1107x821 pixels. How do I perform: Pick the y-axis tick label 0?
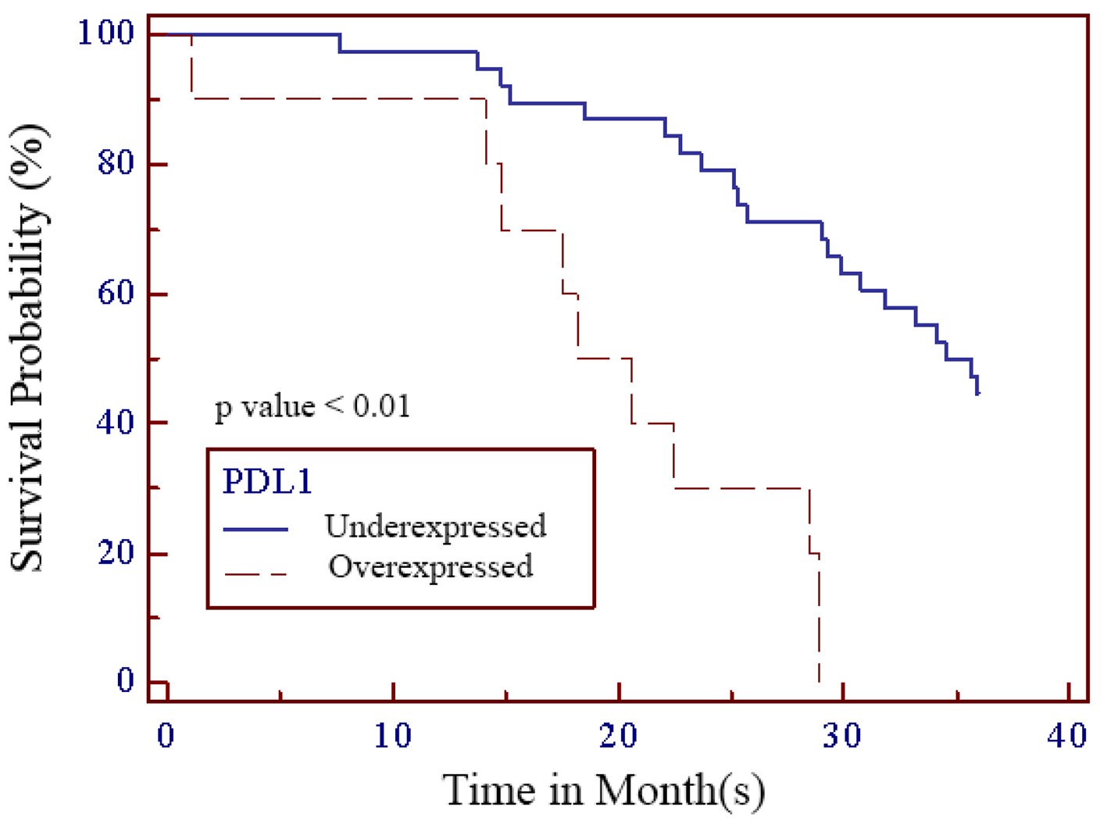pyautogui.click(x=126, y=681)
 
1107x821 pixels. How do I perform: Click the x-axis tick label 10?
pyautogui.click(x=392, y=736)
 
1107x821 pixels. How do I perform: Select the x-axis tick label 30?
pyautogui.click(x=843, y=736)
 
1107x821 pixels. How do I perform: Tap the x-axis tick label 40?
pyautogui.click(x=1068, y=736)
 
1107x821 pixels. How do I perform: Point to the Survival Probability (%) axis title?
pyautogui.click(x=29, y=348)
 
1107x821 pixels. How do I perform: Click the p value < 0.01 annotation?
pyautogui.click(x=312, y=407)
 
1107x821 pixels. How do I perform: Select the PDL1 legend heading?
pyautogui.click(x=267, y=481)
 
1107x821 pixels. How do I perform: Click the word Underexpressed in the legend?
pyautogui.click(x=435, y=527)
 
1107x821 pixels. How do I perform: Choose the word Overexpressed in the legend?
pyautogui.click(x=430, y=566)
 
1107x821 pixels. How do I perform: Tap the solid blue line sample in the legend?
pyautogui.click(x=255, y=530)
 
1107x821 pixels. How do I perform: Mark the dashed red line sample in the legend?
pyautogui.click(x=255, y=574)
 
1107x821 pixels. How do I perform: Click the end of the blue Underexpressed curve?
pyautogui.click(x=977, y=392)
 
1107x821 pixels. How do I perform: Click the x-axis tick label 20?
pyautogui.click(x=618, y=736)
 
